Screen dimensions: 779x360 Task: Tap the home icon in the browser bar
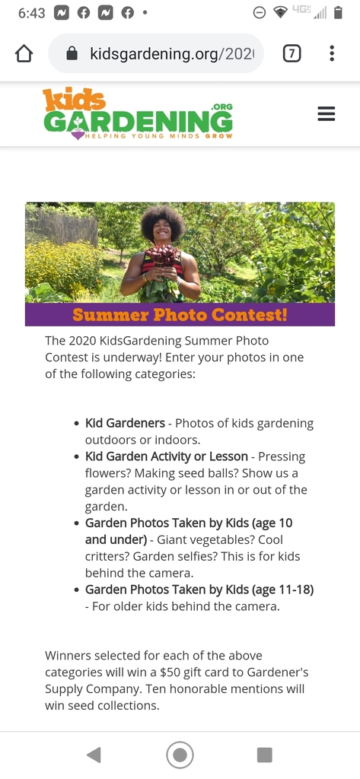(x=24, y=53)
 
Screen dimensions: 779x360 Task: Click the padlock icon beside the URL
(x=72, y=53)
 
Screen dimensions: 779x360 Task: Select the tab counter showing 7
(x=292, y=53)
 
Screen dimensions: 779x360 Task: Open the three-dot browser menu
(x=332, y=53)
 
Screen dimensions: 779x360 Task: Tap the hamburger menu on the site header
(x=326, y=114)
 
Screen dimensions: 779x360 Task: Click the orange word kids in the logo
(x=74, y=99)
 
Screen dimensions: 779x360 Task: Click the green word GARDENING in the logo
(x=138, y=121)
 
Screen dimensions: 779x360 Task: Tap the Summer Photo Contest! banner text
(x=180, y=314)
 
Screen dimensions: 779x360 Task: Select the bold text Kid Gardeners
(x=125, y=423)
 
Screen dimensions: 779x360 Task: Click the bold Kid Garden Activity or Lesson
(x=167, y=456)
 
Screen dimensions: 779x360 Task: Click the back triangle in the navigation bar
(x=94, y=755)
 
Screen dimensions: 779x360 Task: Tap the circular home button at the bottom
(x=180, y=755)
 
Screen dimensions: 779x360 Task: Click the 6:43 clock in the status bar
(x=31, y=13)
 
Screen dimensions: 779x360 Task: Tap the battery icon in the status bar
(x=338, y=13)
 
